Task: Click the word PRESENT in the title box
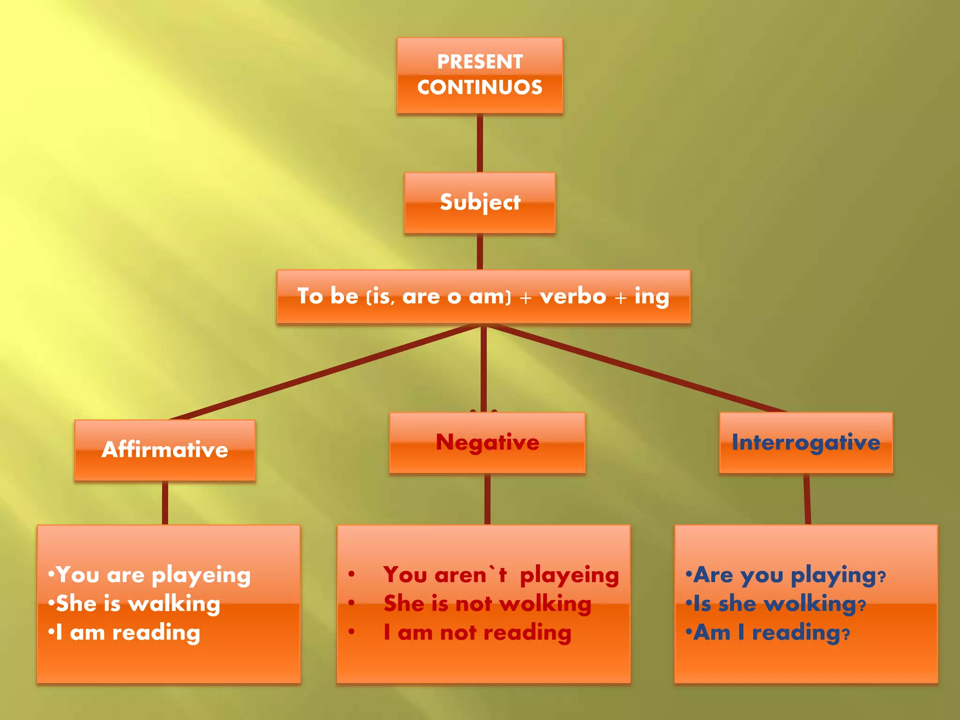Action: (x=480, y=62)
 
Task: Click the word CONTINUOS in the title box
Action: (x=480, y=88)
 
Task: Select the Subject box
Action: (x=480, y=202)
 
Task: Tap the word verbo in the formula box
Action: (x=573, y=296)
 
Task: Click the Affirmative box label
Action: (x=165, y=450)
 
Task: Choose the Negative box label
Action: (x=487, y=442)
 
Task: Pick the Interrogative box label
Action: (x=806, y=442)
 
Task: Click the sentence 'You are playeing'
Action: (x=153, y=575)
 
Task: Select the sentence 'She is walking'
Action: (x=138, y=604)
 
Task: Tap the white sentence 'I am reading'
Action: (x=127, y=633)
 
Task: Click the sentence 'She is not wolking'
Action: (x=487, y=604)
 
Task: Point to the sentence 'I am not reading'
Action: (x=477, y=633)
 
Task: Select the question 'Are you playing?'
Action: (x=789, y=575)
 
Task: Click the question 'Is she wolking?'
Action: (x=779, y=604)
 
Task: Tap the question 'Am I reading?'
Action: (x=772, y=633)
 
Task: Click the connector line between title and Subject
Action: (x=480, y=143)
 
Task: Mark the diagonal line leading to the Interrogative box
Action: (x=633, y=368)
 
